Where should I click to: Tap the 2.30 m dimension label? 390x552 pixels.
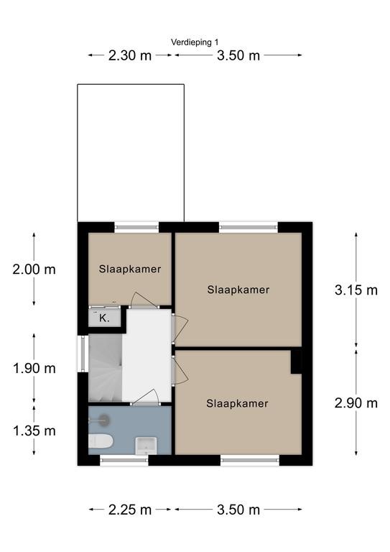(x=130, y=55)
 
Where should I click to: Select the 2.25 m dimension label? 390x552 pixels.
(x=130, y=510)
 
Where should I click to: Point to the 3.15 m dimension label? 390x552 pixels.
(x=356, y=290)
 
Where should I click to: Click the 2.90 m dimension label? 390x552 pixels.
(x=356, y=402)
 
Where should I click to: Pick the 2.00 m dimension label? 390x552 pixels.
(x=34, y=270)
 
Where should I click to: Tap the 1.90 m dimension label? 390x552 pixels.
(x=34, y=368)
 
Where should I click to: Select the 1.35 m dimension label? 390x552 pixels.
(x=34, y=431)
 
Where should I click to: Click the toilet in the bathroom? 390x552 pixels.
(x=98, y=441)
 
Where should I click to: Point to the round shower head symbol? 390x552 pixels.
(x=105, y=415)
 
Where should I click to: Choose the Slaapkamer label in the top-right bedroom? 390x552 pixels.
(x=238, y=290)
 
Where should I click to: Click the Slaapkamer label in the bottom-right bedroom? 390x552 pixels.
(x=237, y=403)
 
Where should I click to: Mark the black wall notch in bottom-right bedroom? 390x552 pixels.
(x=295, y=362)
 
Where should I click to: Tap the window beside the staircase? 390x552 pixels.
(x=81, y=355)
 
